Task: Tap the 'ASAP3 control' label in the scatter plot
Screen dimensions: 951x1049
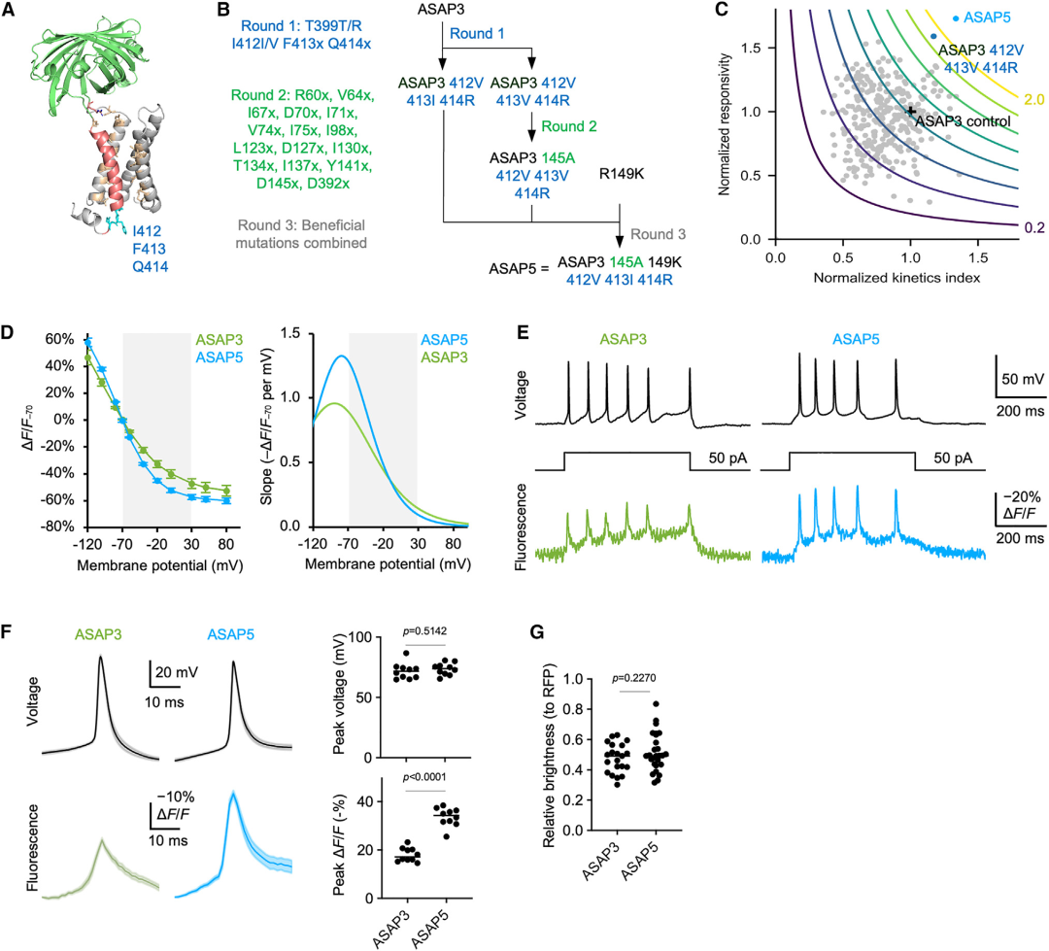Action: point(963,120)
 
